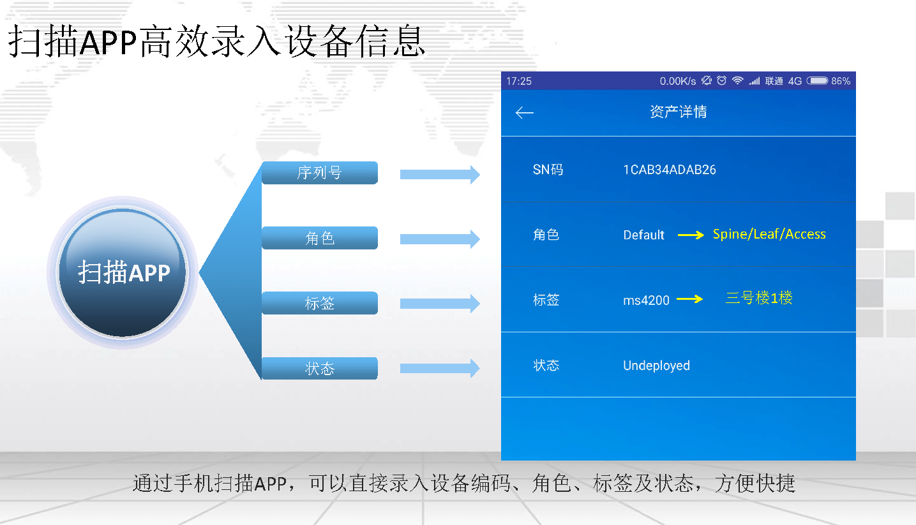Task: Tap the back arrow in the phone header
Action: click(x=524, y=112)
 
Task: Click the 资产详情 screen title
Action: click(x=679, y=112)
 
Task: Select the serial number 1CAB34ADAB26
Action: click(x=670, y=170)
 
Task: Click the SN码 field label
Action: click(x=548, y=170)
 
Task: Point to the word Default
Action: click(x=643, y=235)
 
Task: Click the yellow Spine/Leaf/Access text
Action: click(x=769, y=234)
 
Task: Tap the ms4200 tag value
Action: click(x=646, y=300)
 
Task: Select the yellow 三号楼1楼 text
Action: click(x=759, y=298)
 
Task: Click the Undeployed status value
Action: click(x=656, y=366)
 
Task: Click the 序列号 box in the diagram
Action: click(x=319, y=173)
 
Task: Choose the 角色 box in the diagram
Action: click(x=319, y=238)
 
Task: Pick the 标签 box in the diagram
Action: click(x=319, y=303)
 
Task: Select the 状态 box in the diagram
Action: click(x=319, y=368)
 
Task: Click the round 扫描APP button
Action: click(x=123, y=272)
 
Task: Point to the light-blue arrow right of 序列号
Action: click(x=440, y=174)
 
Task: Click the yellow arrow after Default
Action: click(x=691, y=235)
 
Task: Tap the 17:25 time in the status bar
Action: click(x=519, y=81)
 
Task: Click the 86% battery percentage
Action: click(x=841, y=81)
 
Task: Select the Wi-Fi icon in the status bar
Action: click(x=737, y=80)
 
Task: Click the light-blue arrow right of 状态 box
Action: click(x=440, y=368)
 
